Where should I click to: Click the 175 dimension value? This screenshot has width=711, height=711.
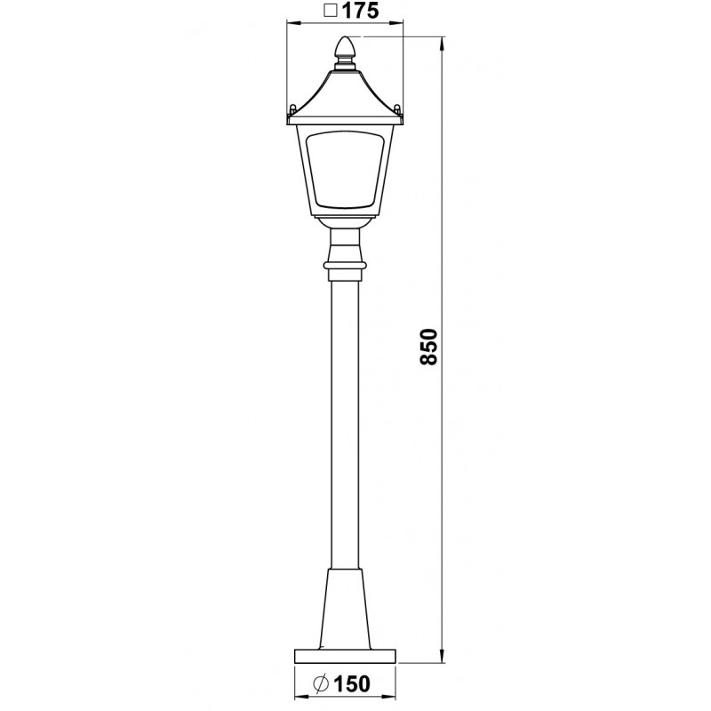(x=360, y=10)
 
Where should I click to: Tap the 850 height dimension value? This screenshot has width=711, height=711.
(x=428, y=347)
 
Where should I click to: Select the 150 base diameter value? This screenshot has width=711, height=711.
(x=352, y=684)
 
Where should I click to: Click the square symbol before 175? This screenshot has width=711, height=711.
(x=332, y=11)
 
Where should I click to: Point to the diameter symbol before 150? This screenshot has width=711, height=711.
(x=322, y=684)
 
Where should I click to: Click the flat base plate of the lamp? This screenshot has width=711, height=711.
(x=345, y=656)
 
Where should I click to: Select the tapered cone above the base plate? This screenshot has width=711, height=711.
(x=345, y=609)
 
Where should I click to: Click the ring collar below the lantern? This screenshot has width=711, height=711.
(x=345, y=266)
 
